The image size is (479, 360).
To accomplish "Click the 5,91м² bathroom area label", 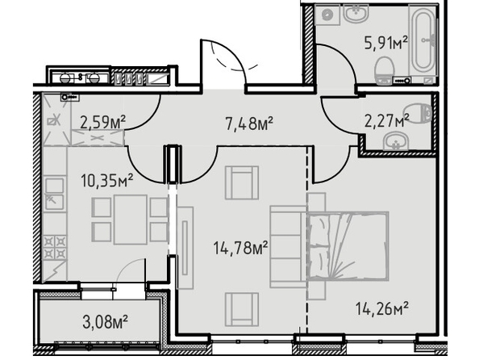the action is click(386, 43).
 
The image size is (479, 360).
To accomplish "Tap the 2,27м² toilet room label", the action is click(387, 120).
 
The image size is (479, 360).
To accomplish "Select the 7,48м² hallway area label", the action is click(249, 123).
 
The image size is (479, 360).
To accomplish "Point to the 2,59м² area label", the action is click(102, 122).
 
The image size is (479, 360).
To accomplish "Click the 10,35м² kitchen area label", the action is click(106, 180).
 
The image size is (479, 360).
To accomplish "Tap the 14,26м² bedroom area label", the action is click(381, 308).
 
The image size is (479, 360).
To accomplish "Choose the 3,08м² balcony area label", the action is click(105, 322).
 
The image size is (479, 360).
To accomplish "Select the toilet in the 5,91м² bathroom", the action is click(384, 70).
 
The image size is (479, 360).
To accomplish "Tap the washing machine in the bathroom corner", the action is click(327, 15).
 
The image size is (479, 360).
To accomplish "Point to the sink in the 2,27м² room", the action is click(396, 141).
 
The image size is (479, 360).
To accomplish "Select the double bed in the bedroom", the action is click(348, 246).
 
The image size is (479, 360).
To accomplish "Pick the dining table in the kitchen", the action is click(131, 220).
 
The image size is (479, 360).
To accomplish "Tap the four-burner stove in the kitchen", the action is click(56, 247).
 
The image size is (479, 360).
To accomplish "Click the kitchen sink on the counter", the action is click(55, 194).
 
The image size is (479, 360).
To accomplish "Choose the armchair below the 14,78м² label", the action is click(242, 309).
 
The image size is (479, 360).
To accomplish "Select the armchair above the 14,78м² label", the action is click(242, 182).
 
